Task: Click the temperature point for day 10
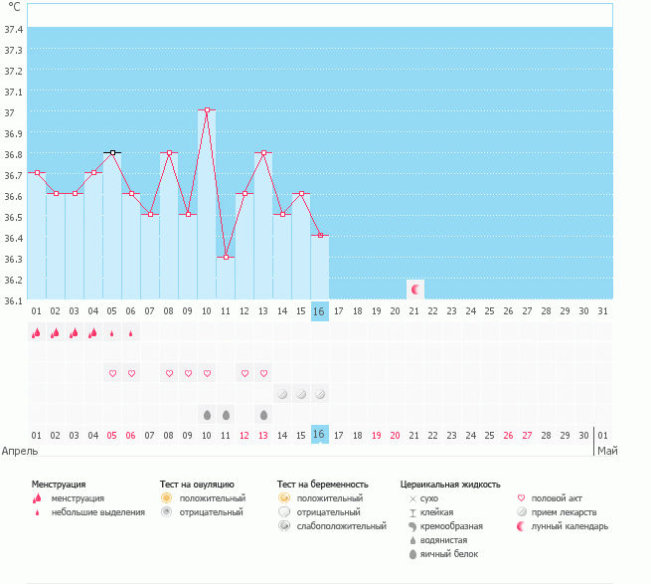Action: [207, 110]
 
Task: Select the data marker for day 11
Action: [226, 258]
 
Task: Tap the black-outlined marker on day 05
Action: [112, 152]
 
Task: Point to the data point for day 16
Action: [320, 235]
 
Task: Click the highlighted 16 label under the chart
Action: [320, 435]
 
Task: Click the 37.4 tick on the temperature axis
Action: [14, 29]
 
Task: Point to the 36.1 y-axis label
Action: [14, 300]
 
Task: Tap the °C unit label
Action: [14, 7]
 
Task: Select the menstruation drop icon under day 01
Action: [36, 333]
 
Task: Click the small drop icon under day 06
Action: [131, 333]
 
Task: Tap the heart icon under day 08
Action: [169, 373]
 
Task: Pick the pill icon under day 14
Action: [282, 394]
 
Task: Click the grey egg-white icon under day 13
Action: [263, 414]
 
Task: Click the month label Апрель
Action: [20, 451]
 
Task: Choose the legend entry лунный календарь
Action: [569, 526]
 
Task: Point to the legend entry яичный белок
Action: [448, 554]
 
